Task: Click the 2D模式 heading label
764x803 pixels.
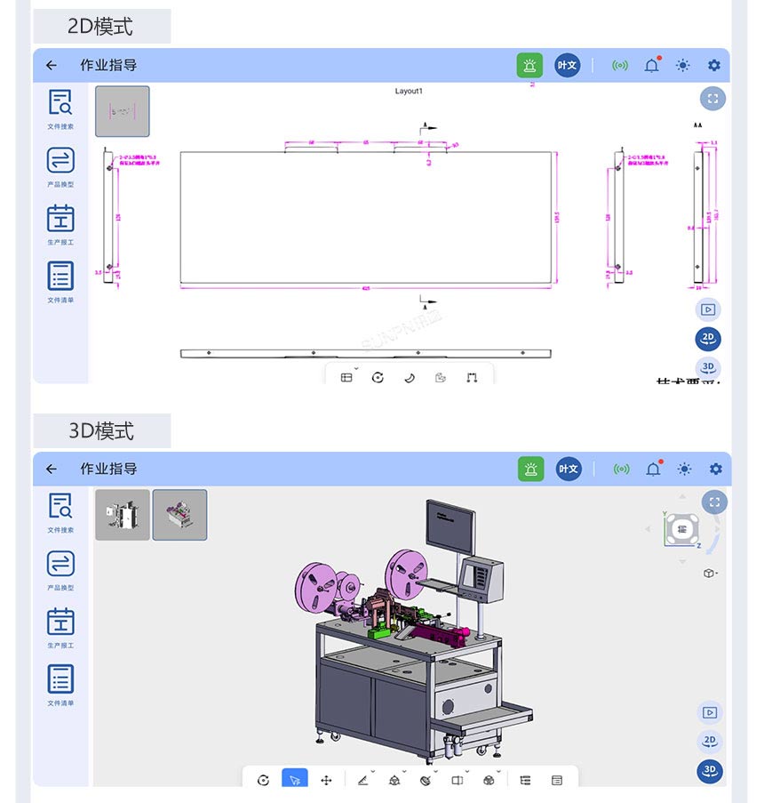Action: (x=100, y=27)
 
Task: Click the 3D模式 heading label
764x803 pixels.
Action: (x=101, y=430)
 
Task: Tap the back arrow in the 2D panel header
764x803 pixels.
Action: (x=52, y=65)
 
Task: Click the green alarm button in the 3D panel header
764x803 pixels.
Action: (x=530, y=469)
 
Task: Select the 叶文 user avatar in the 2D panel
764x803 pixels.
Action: (x=567, y=65)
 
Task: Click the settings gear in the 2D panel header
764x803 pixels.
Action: (x=714, y=65)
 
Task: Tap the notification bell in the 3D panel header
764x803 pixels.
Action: (x=653, y=469)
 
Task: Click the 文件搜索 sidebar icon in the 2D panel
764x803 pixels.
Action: (x=60, y=103)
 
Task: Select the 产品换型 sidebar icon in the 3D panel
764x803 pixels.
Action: (x=60, y=564)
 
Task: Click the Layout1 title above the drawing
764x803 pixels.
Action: (x=409, y=92)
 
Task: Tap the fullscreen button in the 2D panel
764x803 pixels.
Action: (x=712, y=99)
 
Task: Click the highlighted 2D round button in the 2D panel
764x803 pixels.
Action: (x=708, y=339)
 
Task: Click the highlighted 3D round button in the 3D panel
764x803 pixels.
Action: (x=709, y=771)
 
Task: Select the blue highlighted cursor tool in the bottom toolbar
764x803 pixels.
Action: (x=294, y=780)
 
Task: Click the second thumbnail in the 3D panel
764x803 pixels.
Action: (x=179, y=515)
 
